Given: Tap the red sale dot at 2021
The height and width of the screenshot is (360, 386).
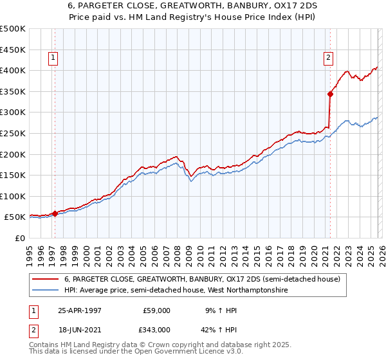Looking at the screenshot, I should coord(330,94).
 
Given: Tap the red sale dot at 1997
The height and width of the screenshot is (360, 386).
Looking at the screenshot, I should coord(55,213).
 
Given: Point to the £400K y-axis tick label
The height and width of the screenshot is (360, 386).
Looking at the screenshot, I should coord(13,70).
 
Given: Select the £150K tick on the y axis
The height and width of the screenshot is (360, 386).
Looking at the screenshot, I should coord(13,175).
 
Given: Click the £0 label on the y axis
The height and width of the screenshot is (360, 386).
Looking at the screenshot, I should coord(20,239).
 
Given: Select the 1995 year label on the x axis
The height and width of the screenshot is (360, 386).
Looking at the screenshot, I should coord(30,254).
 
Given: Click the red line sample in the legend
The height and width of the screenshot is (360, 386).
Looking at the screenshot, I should coord(46,280).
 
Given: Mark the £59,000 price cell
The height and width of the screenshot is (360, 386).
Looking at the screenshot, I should coord(156,310).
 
